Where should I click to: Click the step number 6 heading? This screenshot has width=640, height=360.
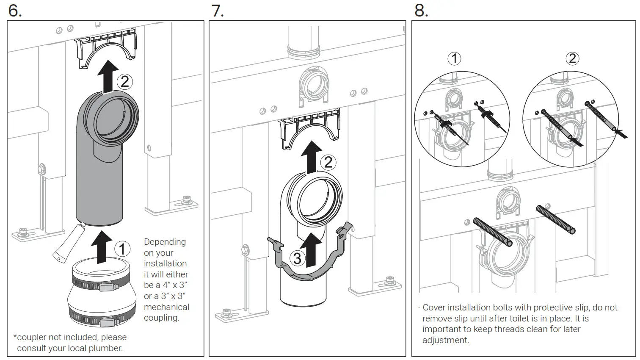click(14, 10)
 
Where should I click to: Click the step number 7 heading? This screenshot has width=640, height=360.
click(218, 10)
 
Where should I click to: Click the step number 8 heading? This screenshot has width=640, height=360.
click(421, 10)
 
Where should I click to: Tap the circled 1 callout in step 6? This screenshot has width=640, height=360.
click(122, 249)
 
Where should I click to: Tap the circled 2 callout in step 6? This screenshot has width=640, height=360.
click(124, 81)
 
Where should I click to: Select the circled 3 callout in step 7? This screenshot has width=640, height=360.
click(297, 258)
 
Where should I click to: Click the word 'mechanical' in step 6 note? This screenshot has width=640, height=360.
click(166, 307)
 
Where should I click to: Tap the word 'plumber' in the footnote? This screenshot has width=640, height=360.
click(108, 348)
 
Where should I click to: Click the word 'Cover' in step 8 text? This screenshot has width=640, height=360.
click(434, 307)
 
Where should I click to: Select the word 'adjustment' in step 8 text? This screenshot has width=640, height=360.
click(445, 340)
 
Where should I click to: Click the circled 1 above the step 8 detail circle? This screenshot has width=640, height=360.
click(454, 58)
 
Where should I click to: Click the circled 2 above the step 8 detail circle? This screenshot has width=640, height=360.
click(572, 58)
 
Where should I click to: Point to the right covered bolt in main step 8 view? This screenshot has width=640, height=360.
click(555, 219)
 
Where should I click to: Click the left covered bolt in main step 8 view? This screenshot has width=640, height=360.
click(493, 232)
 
